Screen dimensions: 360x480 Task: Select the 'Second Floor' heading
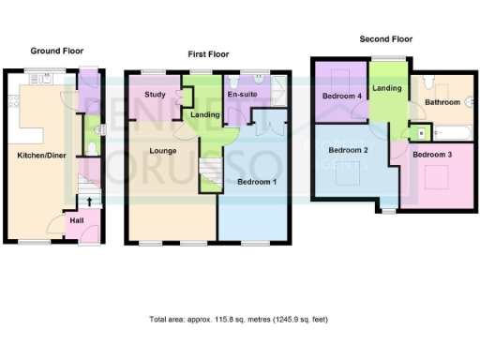386,39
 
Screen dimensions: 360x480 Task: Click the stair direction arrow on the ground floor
90,200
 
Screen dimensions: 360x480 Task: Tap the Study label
155,95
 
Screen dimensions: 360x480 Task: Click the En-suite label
244,95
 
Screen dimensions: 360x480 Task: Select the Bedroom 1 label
255,181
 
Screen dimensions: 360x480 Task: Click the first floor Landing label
206,114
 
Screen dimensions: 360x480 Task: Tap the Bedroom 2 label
346,150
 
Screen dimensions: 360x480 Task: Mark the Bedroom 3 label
434,154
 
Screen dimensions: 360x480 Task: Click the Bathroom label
441,101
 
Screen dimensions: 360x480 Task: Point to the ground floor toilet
91,143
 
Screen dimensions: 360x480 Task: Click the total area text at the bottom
239,320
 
